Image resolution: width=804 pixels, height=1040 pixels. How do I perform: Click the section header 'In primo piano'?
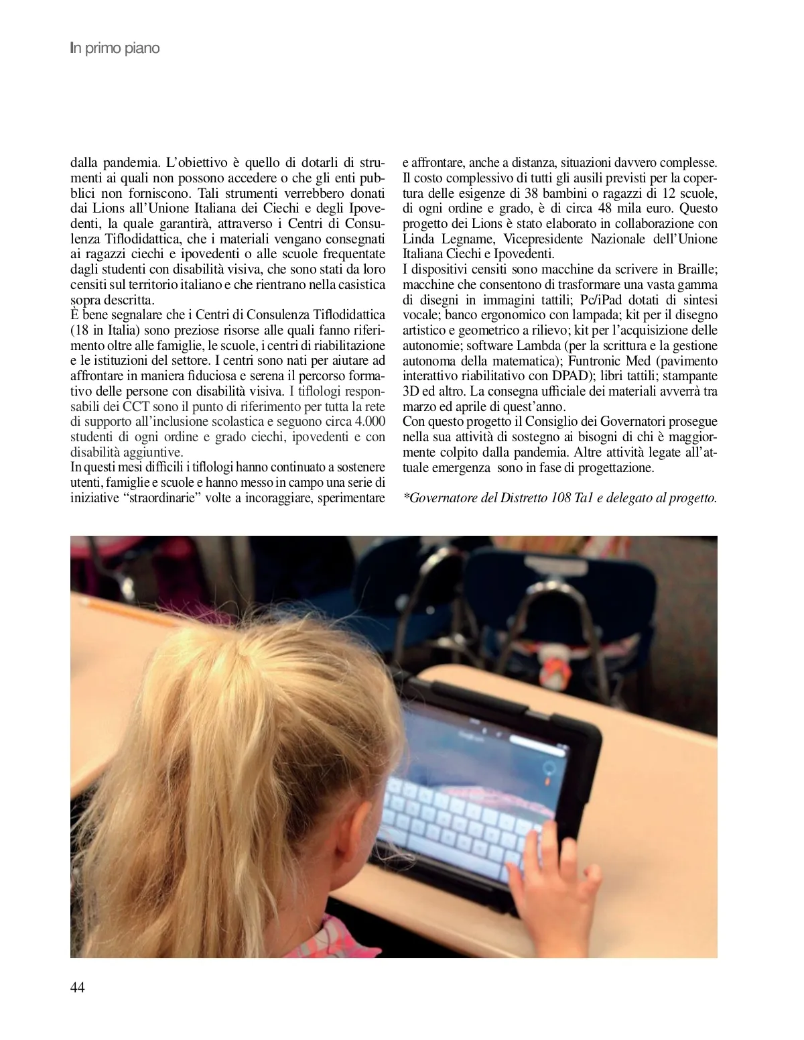pos(115,49)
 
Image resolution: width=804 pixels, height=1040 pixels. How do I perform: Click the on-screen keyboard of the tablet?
pos(462,815)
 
